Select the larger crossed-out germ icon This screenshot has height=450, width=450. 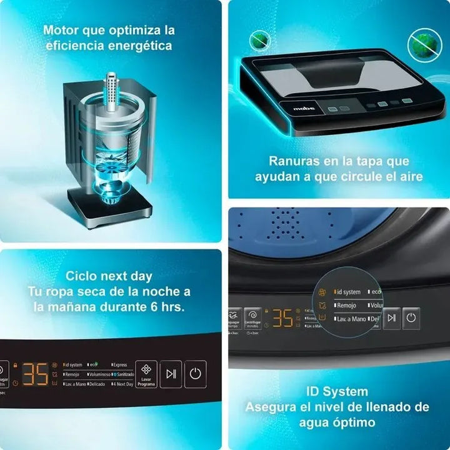coord(424,45)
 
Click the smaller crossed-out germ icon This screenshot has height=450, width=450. coord(259,41)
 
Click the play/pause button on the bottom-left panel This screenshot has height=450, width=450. coord(171,374)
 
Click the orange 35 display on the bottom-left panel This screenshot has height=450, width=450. coord(36,374)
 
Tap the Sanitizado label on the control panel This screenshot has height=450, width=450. coord(122,374)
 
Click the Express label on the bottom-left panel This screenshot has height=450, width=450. coord(119,364)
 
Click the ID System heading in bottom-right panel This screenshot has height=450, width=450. coord(337,392)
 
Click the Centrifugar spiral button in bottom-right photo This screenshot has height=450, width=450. coord(252,315)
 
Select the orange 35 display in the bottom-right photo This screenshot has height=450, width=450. coord(282,317)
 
